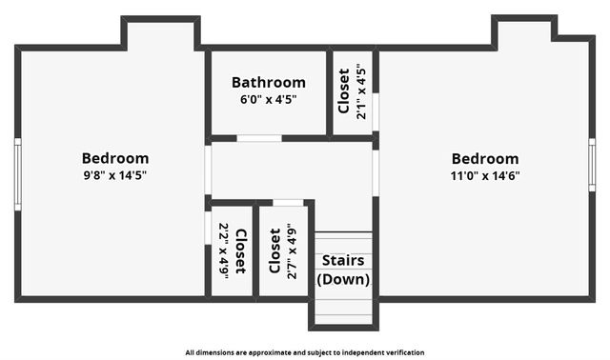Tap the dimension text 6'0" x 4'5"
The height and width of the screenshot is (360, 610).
[268, 99]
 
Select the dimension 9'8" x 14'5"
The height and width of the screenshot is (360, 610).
[114, 175]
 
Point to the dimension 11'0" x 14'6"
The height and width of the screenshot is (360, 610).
[485, 175]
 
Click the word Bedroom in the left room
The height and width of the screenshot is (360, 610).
[114, 158]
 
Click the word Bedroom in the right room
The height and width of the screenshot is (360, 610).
[485, 159]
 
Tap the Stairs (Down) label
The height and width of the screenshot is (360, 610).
[342, 270]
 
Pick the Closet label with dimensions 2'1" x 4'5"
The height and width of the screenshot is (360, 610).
[344, 90]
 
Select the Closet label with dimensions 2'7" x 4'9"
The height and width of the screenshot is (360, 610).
[274, 250]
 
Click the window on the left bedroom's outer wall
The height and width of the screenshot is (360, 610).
[17, 173]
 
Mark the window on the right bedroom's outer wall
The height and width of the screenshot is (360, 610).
[592, 164]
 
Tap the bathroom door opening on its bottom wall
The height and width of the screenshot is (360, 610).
[258, 138]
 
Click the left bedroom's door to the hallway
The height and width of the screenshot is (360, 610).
[208, 170]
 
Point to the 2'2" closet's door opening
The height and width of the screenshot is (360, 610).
[208, 228]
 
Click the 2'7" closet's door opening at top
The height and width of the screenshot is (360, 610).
[288, 202]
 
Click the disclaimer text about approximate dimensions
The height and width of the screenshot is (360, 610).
[305, 351]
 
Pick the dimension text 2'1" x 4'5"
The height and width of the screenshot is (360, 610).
[360, 90]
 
